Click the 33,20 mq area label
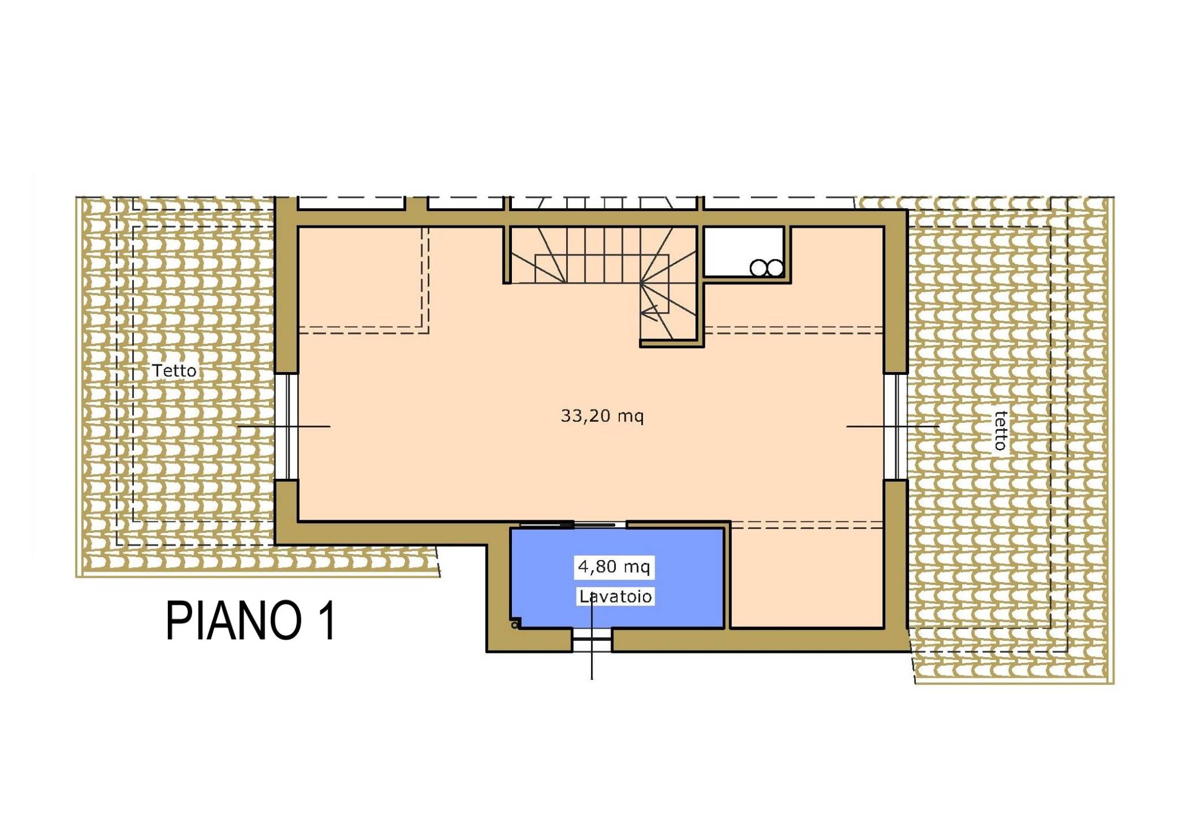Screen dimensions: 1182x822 pos(602,416)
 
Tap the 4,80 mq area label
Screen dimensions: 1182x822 pos(614,567)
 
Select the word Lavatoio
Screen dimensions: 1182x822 pos(615,596)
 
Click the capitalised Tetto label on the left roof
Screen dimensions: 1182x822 pos(174,370)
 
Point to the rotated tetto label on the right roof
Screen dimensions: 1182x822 pos(1000,430)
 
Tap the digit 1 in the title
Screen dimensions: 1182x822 pos(328,621)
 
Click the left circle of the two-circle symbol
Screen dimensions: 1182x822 pos(758,268)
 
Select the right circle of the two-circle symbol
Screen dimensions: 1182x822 pos(775,268)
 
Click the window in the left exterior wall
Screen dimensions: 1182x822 pos(286,426)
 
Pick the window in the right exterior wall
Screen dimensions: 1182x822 pos(896,426)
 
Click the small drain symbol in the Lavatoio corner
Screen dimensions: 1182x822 pos(515,624)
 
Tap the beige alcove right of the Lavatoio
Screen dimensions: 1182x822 pos(807,577)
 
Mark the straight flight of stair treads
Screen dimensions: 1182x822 pos(603,254)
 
